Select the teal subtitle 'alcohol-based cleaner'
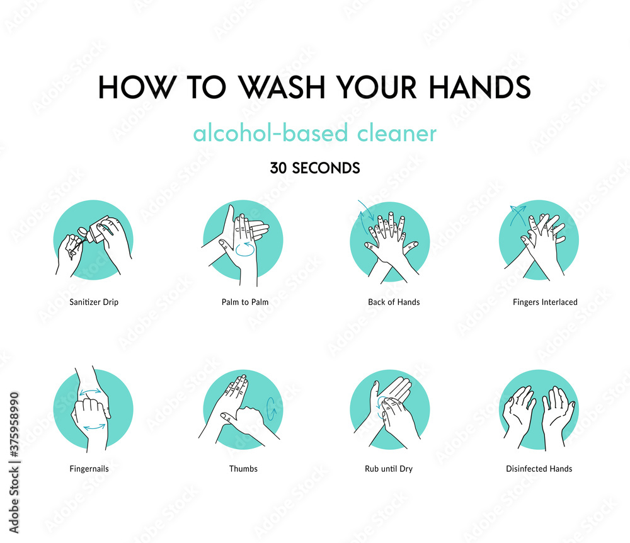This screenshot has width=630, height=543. coord(314,134)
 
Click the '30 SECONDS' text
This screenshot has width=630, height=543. coord(315,168)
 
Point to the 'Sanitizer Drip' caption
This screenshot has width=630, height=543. coord(94,302)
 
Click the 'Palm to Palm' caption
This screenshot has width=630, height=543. coord(245,302)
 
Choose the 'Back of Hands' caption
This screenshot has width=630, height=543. coord(394,302)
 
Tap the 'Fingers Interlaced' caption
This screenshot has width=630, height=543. coord(545,302)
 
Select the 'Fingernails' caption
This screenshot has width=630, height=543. coord(84,469)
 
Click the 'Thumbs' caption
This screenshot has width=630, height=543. coord(243,469)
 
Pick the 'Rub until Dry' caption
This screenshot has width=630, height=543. coord(389,469)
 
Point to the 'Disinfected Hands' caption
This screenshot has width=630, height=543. coord(539,469)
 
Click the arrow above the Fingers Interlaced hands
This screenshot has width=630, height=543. coord(518,214)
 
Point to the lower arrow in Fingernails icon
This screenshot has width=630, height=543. coord(94,426)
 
